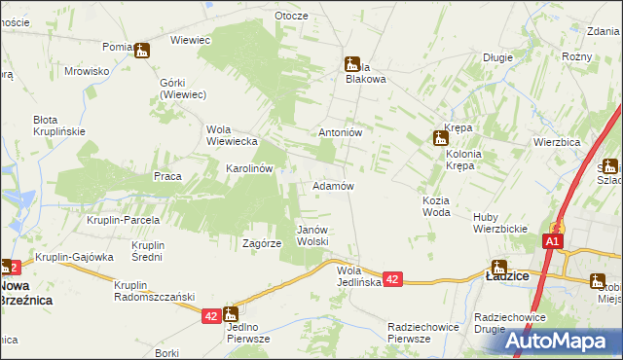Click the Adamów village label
[x=332, y=185]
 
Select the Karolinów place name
[x=248, y=168]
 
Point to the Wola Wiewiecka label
[x=231, y=135]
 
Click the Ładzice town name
[x=507, y=277]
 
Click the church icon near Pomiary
[x=142, y=51]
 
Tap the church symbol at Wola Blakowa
[x=352, y=64]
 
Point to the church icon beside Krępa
[x=439, y=138]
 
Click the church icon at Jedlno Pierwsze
[x=231, y=313]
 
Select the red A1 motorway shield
[x=553, y=241]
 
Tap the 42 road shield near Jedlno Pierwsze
[x=212, y=316]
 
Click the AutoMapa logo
[x=561, y=340]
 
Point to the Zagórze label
[x=261, y=244]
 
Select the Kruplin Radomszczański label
[x=155, y=291]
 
